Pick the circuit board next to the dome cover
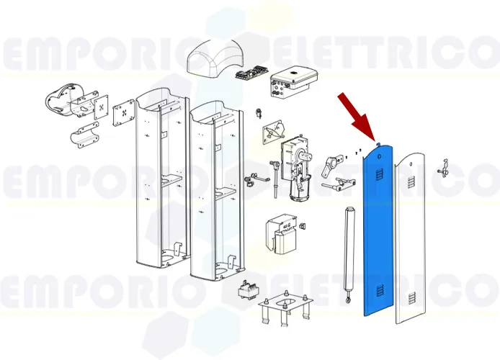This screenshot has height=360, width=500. click(x=253, y=73)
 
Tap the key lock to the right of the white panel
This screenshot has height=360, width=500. click(x=445, y=170)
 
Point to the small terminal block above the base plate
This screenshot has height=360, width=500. click(x=246, y=289)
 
